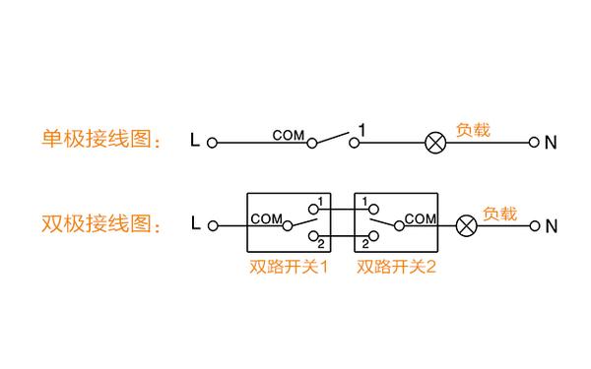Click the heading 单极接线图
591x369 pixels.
click(x=100, y=141)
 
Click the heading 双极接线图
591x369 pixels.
click(x=100, y=224)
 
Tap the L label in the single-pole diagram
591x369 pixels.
click(x=195, y=142)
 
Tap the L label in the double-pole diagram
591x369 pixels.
click(x=195, y=225)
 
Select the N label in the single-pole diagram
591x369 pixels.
click(x=551, y=142)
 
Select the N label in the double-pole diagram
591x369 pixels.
click(x=551, y=225)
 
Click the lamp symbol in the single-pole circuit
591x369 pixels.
click(x=435, y=142)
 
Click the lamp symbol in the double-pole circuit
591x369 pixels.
click(x=466, y=225)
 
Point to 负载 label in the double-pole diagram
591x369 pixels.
click(x=500, y=214)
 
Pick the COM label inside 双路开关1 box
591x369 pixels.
click(x=266, y=217)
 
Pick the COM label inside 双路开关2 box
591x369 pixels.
click(x=421, y=217)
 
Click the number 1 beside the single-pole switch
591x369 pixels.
click(x=362, y=130)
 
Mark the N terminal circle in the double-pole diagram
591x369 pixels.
click(x=535, y=225)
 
